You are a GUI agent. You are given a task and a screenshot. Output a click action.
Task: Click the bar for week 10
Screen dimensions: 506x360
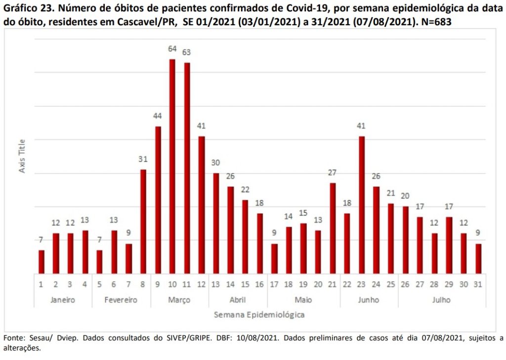[x=172, y=167]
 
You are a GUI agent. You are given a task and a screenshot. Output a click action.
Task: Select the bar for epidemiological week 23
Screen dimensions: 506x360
[x=361, y=205]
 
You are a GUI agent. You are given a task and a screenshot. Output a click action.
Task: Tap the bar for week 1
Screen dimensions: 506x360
[x=42, y=262]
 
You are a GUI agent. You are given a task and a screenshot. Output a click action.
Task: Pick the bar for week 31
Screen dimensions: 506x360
[x=478, y=259]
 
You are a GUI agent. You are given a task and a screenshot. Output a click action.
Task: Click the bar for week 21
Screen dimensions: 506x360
[x=333, y=228]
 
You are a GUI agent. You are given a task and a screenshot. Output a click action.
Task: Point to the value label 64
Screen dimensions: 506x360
[x=172, y=49]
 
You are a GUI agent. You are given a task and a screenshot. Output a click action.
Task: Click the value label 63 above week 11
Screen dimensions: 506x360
[x=186, y=52]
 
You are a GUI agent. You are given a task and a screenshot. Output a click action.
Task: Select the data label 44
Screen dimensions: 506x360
[x=158, y=116]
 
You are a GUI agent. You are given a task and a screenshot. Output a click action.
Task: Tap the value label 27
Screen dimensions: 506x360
[x=333, y=173]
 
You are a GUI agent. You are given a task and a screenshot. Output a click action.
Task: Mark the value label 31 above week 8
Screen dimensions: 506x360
[x=143, y=159]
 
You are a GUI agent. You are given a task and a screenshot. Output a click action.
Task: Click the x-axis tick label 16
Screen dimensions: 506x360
[x=259, y=284]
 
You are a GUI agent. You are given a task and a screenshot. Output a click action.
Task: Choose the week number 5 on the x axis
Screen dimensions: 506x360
[x=99, y=284]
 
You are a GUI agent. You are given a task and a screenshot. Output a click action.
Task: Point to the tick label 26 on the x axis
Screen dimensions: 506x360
[x=405, y=284]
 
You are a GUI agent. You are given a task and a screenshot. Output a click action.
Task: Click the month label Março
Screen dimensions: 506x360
[x=179, y=300]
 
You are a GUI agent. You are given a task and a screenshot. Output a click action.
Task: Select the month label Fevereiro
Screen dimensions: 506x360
[x=121, y=300]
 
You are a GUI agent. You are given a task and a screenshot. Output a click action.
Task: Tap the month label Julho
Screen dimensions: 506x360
[x=441, y=300]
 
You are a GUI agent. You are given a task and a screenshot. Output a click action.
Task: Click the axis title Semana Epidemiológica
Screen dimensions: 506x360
[x=259, y=315]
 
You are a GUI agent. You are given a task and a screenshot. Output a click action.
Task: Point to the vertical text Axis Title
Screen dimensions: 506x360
[x=22, y=156]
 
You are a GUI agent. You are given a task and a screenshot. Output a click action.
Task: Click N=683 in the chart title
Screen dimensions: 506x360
[x=436, y=22]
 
